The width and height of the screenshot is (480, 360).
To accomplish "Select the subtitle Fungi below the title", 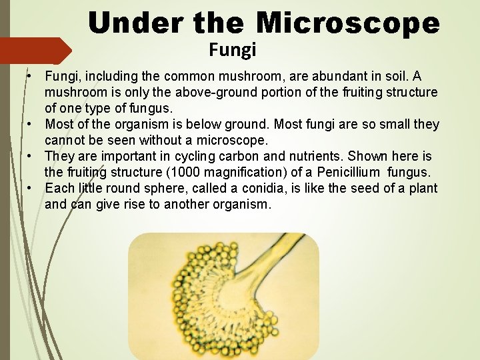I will coord(232,49).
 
